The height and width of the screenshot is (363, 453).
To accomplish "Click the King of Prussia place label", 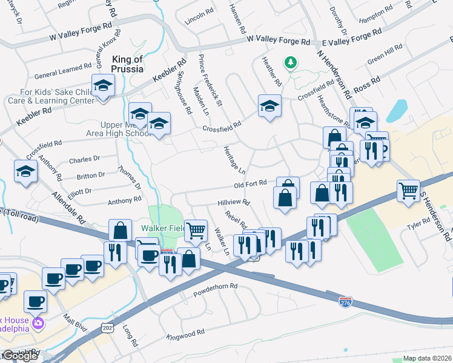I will [x=127, y=64].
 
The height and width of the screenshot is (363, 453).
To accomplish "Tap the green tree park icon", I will [x=291, y=62].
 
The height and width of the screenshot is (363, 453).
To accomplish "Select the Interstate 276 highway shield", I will [x=345, y=301].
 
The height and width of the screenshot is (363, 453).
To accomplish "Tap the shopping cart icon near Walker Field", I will [x=196, y=231].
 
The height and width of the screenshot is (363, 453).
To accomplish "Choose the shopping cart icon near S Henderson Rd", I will [x=409, y=191].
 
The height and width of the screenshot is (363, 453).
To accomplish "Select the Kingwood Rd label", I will [x=186, y=333].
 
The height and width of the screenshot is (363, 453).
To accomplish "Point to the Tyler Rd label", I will [x=418, y=225].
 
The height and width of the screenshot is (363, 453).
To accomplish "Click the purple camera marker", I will [x=38, y=322].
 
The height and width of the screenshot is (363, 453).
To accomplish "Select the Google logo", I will [x=19, y=356].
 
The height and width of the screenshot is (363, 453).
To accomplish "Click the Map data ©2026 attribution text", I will [x=427, y=358].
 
